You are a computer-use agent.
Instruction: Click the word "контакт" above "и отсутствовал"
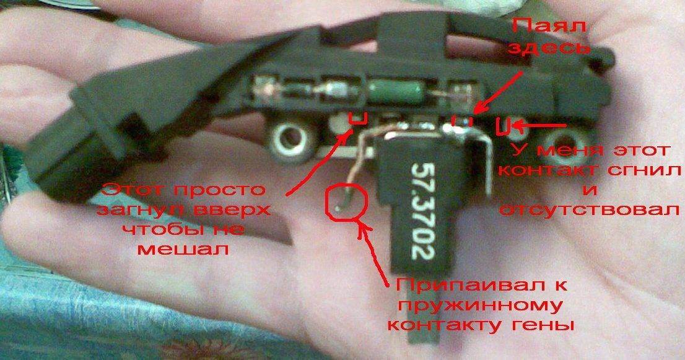coord(547,170)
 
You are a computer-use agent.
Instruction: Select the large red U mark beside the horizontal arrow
coord(504,125)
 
